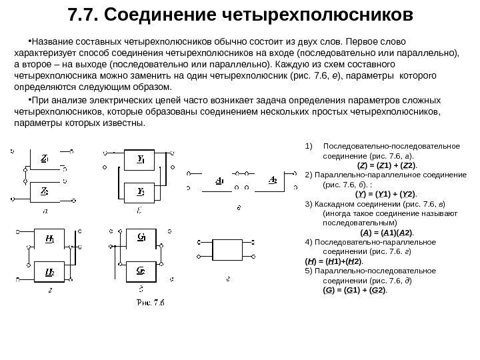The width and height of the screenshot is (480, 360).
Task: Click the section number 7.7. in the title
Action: click(83, 15)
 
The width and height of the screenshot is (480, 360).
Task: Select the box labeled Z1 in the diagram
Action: click(44, 159)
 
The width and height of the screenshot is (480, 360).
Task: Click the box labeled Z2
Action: click(44, 190)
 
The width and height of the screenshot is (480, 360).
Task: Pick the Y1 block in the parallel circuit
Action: click(141, 159)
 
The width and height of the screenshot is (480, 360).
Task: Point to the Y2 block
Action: click(141, 191)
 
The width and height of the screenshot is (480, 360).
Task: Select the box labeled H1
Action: click(50, 239)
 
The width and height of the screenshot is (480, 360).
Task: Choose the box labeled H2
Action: click(50, 271)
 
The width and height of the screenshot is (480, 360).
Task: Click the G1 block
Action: click(141, 238)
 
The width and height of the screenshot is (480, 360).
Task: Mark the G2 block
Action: click(141, 271)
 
